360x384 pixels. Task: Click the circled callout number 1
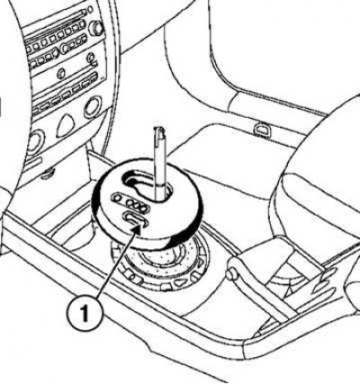click(x=84, y=313)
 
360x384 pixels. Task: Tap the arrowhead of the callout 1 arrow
click(x=137, y=230)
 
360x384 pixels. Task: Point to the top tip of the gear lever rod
click(x=159, y=129)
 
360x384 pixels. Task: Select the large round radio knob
click(x=97, y=28)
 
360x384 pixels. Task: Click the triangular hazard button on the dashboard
click(x=66, y=125)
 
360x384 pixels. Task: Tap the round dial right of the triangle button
click(x=93, y=107)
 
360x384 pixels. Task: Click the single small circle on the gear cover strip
click(x=117, y=198)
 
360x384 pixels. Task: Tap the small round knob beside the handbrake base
click(x=230, y=274)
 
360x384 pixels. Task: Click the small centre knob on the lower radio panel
click(x=61, y=73)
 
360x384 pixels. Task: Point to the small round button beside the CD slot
click(x=90, y=10)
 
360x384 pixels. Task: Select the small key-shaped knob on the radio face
click(x=91, y=58)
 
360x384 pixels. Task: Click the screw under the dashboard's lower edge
click(x=48, y=174)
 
